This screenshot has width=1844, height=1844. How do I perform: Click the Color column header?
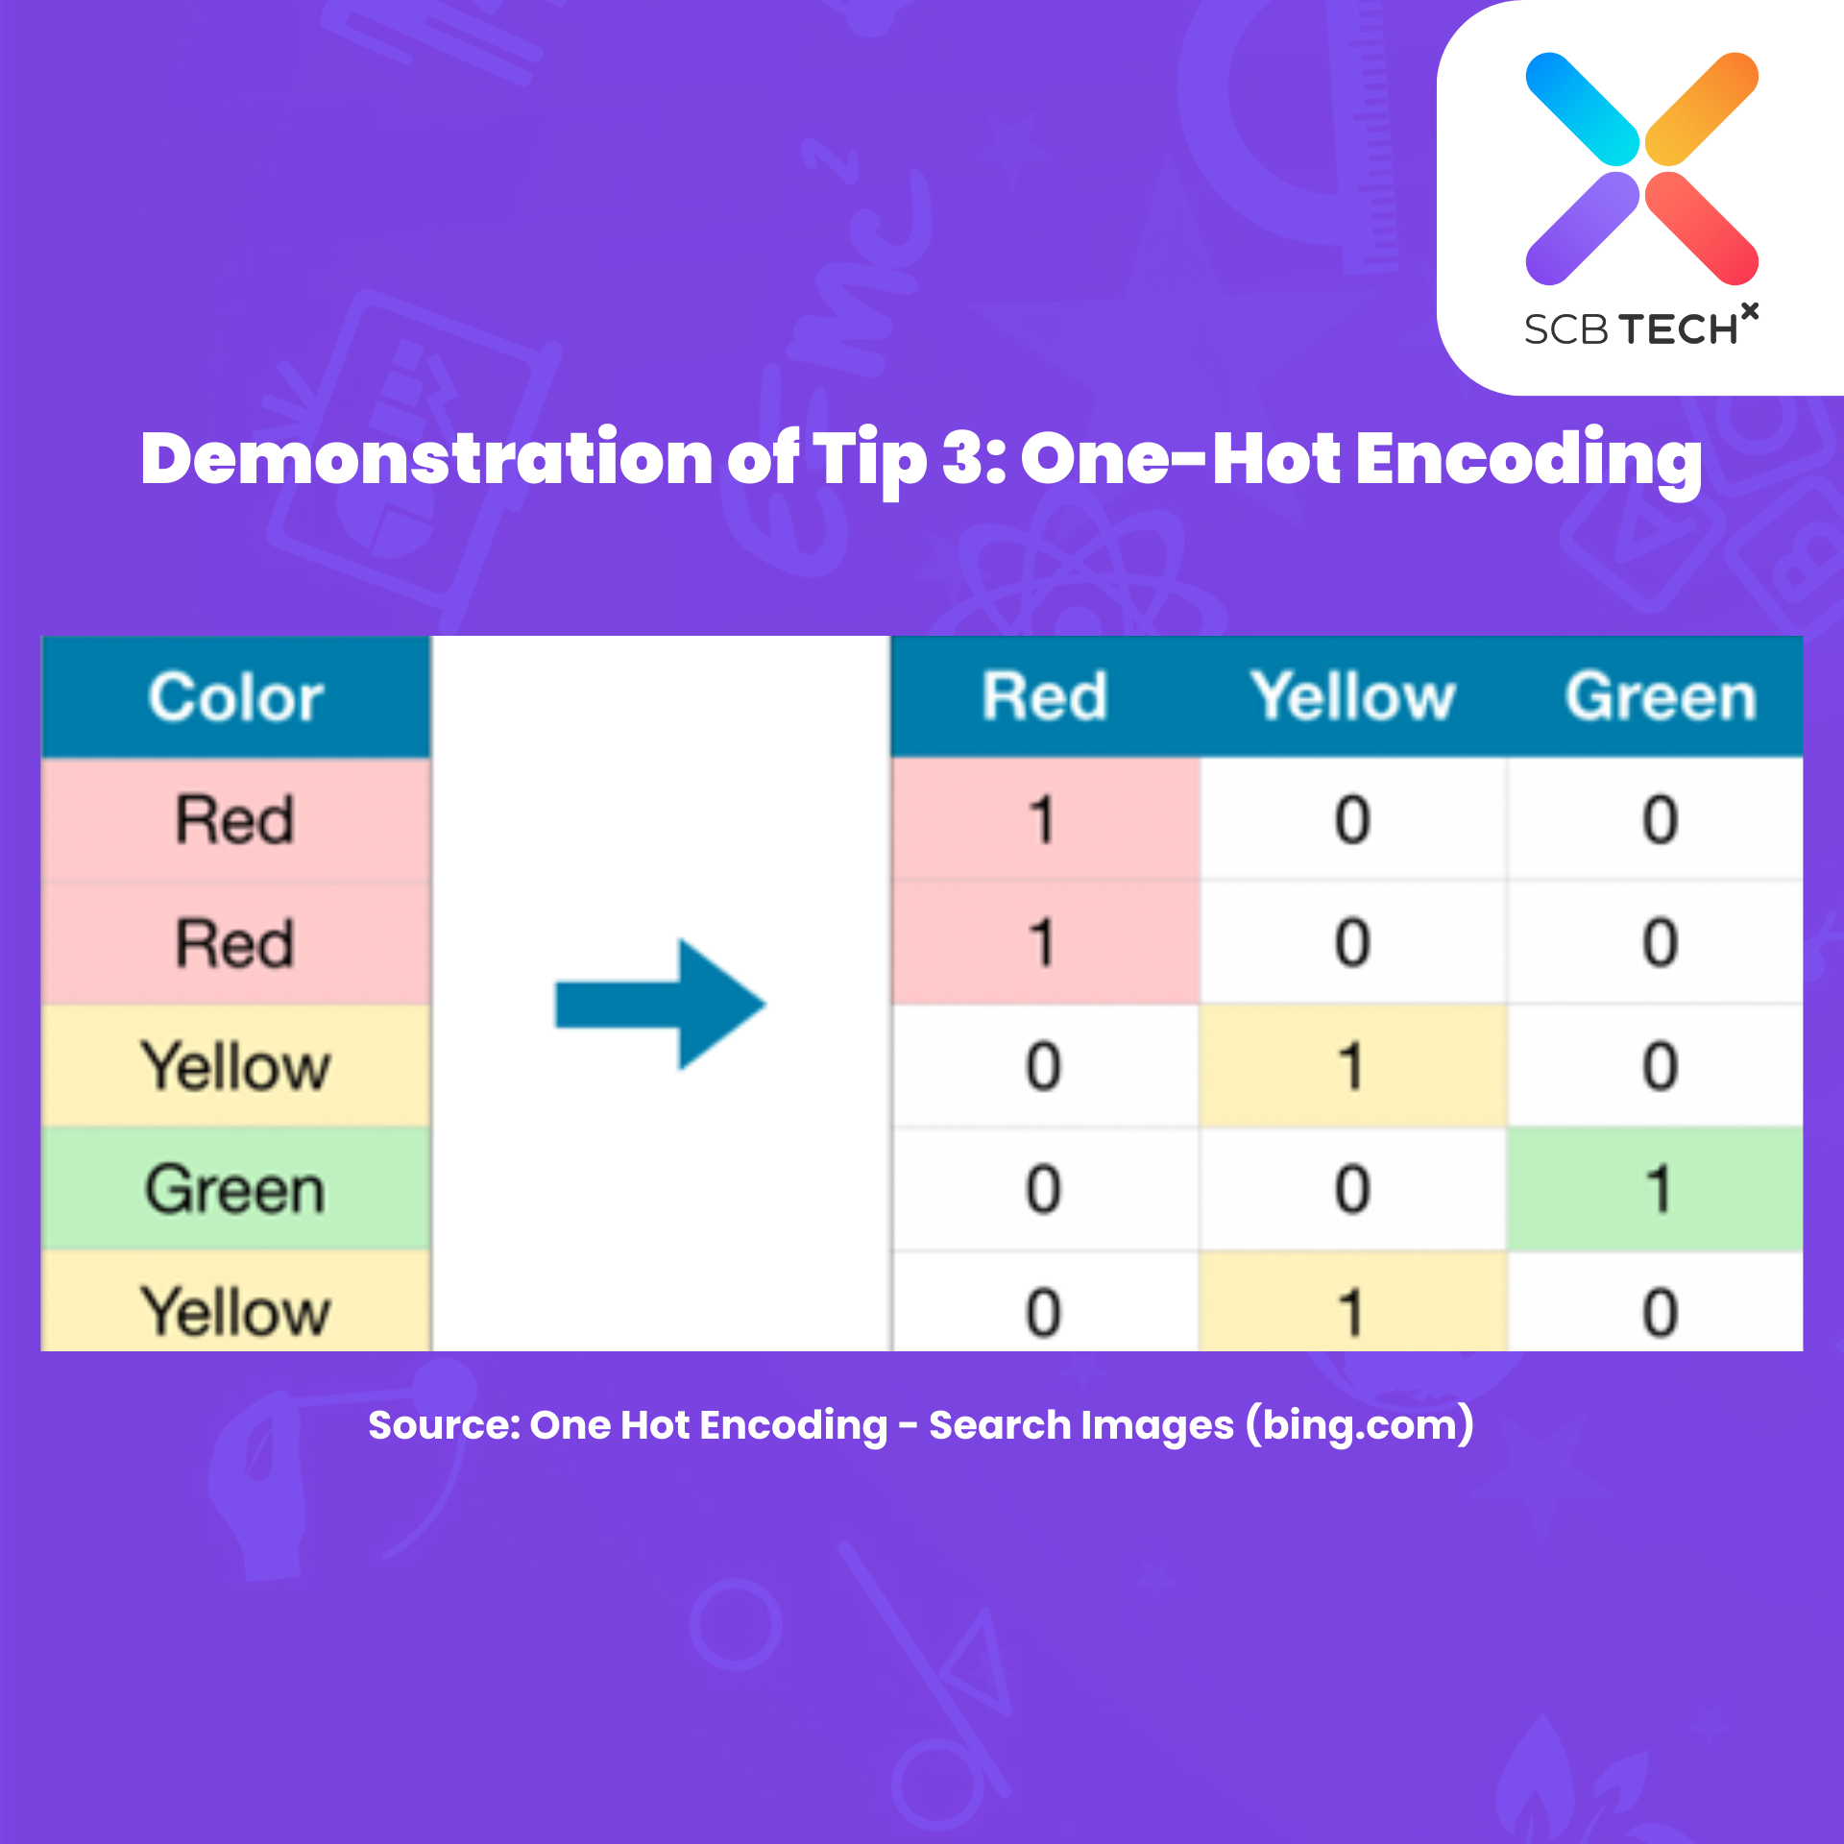pos(236,696)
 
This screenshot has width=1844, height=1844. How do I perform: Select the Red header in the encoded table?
pos(1045,696)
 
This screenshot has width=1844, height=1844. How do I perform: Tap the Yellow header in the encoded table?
pos(1352,696)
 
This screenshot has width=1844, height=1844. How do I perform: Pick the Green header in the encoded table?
pos(1661,696)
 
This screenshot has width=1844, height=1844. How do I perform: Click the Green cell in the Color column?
pos(236,1189)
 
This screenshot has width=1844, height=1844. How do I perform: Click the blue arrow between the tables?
pos(661,1005)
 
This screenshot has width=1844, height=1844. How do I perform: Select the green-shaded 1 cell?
pos(1655,1189)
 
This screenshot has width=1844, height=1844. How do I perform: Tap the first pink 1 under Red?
pos(1045,819)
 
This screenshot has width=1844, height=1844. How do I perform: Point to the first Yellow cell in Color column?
pos(236,1066)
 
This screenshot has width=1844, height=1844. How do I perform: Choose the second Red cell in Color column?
pos(236,943)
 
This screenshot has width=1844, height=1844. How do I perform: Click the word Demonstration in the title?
pos(426,458)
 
